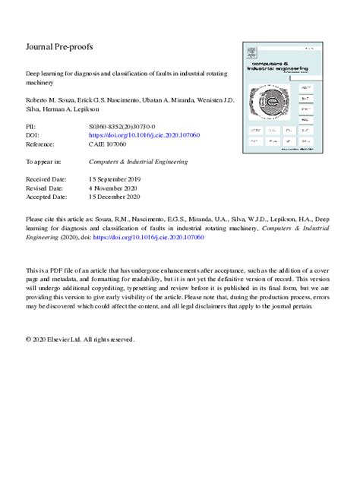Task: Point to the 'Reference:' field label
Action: coord(42,145)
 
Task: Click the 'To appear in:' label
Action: coord(43,162)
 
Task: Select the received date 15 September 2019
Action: coord(115,179)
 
